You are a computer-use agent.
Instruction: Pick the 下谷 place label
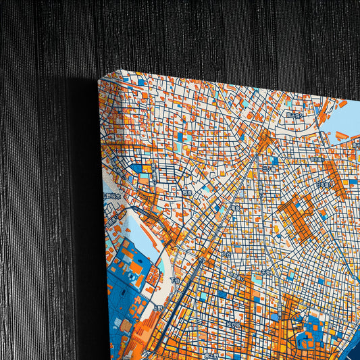click(x=174, y=280)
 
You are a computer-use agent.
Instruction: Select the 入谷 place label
click(x=226, y=255)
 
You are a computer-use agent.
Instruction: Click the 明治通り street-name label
click(x=317, y=159)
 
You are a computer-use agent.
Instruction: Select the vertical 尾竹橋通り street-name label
click(x=154, y=174)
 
